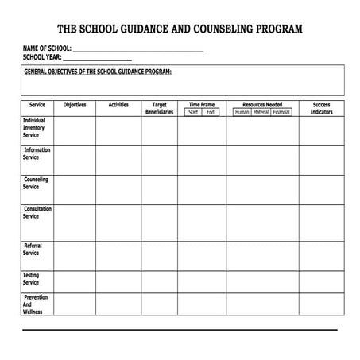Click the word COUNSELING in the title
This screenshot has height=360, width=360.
tap(227, 30)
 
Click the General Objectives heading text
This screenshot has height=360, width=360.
tap(98, 72)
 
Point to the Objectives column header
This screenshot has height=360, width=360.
tap(74, 105)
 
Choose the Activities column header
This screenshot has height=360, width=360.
tap(118, 105)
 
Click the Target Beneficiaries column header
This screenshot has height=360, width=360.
tap(159, 108)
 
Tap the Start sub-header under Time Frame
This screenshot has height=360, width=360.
tap(193, 112)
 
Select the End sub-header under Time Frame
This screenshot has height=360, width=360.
tap(210, 112)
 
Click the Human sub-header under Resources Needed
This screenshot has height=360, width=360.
tap(242, 112)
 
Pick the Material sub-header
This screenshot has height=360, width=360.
tap(261, 112)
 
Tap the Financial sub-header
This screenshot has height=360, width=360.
tap(281, 112)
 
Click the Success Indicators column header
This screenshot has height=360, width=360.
tap(321, 108)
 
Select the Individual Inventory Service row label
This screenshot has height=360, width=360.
tap(34, 127)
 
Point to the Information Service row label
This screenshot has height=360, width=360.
tap(37, 153)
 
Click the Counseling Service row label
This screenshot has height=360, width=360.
tap(36, 183)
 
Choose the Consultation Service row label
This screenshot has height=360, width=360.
tap(37, 212)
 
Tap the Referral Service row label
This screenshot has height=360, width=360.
tap(33, 250)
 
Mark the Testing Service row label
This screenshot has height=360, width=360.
tap(31, 279)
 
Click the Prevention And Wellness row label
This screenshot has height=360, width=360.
tap(35, 304)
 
